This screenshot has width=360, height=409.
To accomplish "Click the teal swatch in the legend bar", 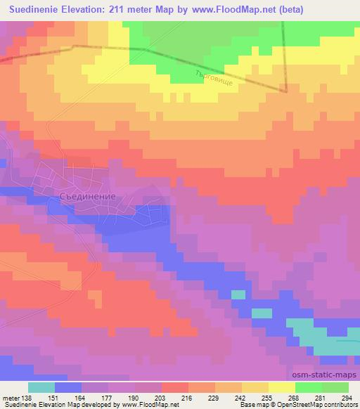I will pos(41,387).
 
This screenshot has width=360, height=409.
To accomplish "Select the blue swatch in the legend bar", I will pos(68,387).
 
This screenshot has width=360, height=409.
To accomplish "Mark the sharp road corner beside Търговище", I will pos(286,91).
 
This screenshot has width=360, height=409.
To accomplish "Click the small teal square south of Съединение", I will pos(238,294).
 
